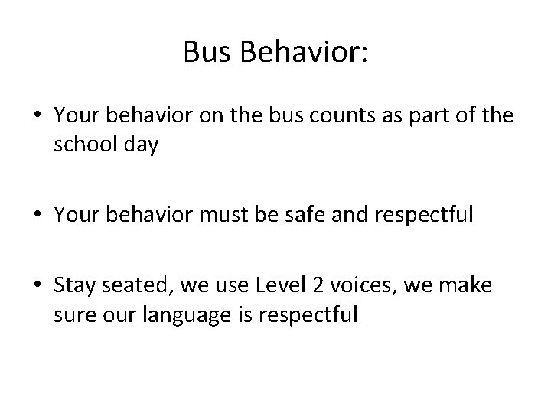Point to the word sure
click(75, 314)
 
